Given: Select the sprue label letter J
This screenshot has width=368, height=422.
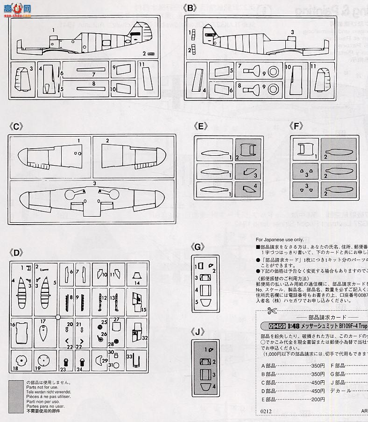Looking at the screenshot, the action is [x=199, y=332].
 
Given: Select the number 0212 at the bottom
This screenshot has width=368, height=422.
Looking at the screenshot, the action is [x=266, y=412].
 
